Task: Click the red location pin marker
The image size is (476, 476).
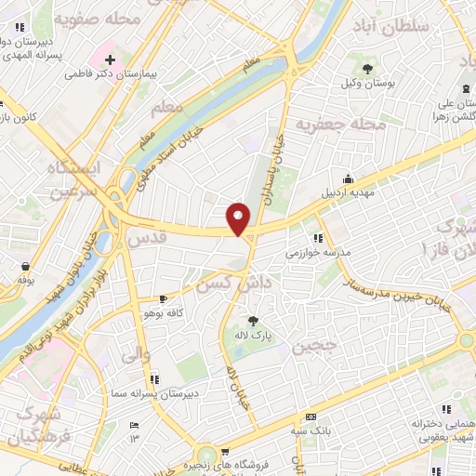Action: tap(240, 218)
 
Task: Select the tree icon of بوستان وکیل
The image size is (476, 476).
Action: tap(369, 69)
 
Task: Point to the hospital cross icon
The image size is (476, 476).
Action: tap(110, 59)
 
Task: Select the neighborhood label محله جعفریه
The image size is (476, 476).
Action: tap(340, 124)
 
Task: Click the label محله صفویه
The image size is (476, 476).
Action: tap(98, 19)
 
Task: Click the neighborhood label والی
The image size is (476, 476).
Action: tap(135, 353)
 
